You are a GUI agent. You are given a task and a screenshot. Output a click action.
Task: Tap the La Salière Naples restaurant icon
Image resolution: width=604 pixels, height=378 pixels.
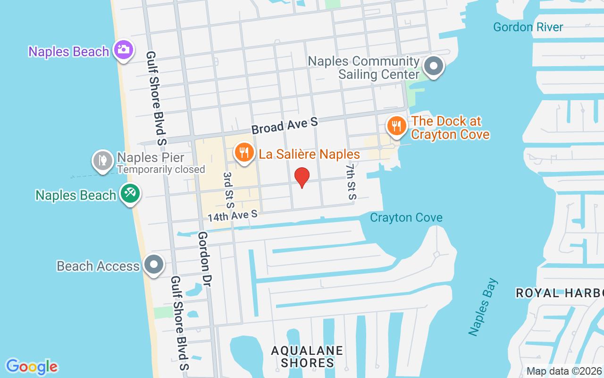(x=243, y=153)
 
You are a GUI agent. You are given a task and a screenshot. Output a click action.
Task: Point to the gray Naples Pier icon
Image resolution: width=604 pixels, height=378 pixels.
(x=102, y=161)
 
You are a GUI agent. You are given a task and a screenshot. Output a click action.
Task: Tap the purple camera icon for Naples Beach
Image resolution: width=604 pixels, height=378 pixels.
(x=124, y=50)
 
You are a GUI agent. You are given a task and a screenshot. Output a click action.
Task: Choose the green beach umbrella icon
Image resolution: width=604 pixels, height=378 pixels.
(x=130, y=193)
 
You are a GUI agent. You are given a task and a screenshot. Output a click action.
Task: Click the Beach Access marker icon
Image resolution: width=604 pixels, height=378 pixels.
(x=154, y=265)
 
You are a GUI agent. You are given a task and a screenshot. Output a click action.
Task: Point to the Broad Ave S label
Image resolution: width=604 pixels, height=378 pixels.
(x=285, y=126)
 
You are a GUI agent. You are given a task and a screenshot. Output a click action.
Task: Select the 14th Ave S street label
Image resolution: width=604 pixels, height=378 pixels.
(x=233, y=215)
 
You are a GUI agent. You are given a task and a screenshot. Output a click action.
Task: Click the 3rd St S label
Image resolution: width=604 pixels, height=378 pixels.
(x=228, y=190)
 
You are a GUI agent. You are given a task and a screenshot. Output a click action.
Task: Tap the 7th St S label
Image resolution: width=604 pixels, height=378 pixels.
(x=351, y=182)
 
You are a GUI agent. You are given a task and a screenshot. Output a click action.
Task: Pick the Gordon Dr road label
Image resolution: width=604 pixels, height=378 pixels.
(x=204, y=259)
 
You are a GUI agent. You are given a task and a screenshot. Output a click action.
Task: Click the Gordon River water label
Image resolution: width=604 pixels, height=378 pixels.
(x=528, y=27)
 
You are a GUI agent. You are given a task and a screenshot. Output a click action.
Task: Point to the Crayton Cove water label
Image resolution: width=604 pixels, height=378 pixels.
(x=406, y=218)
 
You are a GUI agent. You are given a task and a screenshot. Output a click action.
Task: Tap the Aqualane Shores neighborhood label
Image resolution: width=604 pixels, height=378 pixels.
(x=307, y=357)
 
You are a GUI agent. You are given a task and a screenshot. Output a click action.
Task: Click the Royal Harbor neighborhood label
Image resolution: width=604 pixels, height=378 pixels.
(x=560, y=293)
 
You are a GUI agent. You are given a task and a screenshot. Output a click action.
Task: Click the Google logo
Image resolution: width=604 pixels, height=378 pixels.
(x=32, y=367)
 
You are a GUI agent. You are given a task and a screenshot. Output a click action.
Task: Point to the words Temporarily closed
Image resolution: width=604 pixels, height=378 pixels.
(x=161, y=169)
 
